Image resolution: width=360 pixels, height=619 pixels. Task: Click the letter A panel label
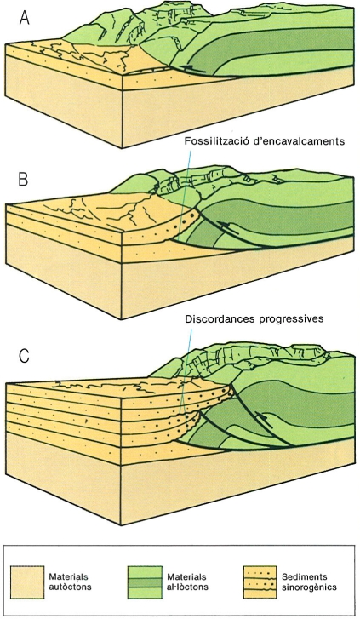pos(25,18)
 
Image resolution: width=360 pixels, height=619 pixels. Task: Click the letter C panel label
pos(24,356)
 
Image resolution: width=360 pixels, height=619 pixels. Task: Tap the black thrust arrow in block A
pos(192,69)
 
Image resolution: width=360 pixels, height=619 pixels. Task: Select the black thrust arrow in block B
pos(230,229)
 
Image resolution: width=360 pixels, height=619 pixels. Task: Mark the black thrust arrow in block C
pos(264,420)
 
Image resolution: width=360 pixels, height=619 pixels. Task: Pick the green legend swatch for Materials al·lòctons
pos(145,582)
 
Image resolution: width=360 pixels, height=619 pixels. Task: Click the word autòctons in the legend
pos(70,587)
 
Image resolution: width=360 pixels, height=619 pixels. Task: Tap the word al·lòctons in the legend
pos(187,587)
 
